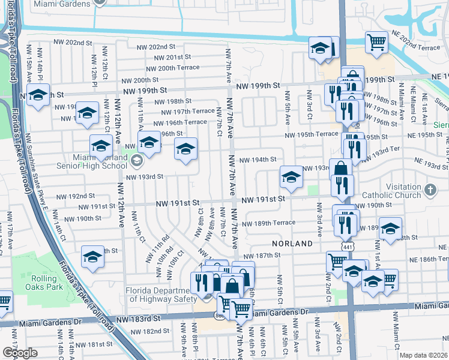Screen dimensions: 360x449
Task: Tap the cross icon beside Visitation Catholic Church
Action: [x=429, y=190]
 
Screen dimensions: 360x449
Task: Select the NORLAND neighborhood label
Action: [x=292, y=244]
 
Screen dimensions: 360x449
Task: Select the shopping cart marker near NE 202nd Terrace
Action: [x=376, y=42]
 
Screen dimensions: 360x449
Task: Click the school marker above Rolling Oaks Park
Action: [x=92, y=257]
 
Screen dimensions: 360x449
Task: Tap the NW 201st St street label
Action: [x=172, y=58]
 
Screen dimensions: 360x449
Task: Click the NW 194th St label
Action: [x=258, y=160]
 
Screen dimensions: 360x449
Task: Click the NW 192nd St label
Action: [x=75, y=196]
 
